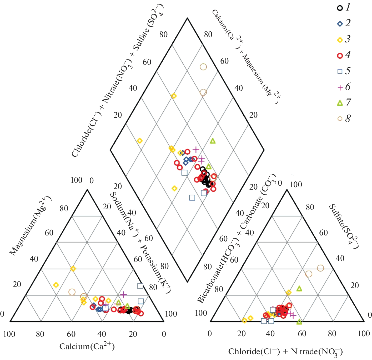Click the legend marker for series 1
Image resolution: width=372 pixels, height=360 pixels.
340,8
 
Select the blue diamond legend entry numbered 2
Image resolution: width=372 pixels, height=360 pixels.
340,24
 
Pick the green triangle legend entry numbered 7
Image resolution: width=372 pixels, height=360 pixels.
340,103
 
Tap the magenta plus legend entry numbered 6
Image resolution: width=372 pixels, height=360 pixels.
340,87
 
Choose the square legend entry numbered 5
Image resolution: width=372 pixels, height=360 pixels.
340,71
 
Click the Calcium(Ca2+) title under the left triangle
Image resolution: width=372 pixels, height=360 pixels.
87,346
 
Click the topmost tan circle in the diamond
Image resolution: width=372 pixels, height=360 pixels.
203,67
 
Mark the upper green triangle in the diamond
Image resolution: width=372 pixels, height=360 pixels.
213,141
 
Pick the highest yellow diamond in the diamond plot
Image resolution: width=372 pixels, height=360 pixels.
174,96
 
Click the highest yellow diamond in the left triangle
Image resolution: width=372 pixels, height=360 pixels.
73,269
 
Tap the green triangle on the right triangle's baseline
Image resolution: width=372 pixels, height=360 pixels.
299,322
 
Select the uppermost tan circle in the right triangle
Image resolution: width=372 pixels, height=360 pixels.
320,268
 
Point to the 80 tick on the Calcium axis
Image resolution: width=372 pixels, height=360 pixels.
40,334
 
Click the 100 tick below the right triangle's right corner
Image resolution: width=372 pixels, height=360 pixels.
364,334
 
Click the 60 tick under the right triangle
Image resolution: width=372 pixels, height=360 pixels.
302,334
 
